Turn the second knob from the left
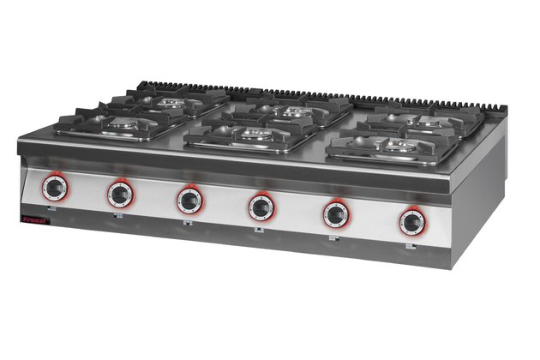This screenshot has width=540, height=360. coord(120,194)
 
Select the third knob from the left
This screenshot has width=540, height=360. coord(189,200)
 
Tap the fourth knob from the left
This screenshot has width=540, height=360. coord(261,207)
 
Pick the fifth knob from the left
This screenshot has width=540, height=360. coord(336,214)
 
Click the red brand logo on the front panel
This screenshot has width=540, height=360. coord(37,223)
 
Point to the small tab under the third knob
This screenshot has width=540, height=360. coord(188,224)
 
